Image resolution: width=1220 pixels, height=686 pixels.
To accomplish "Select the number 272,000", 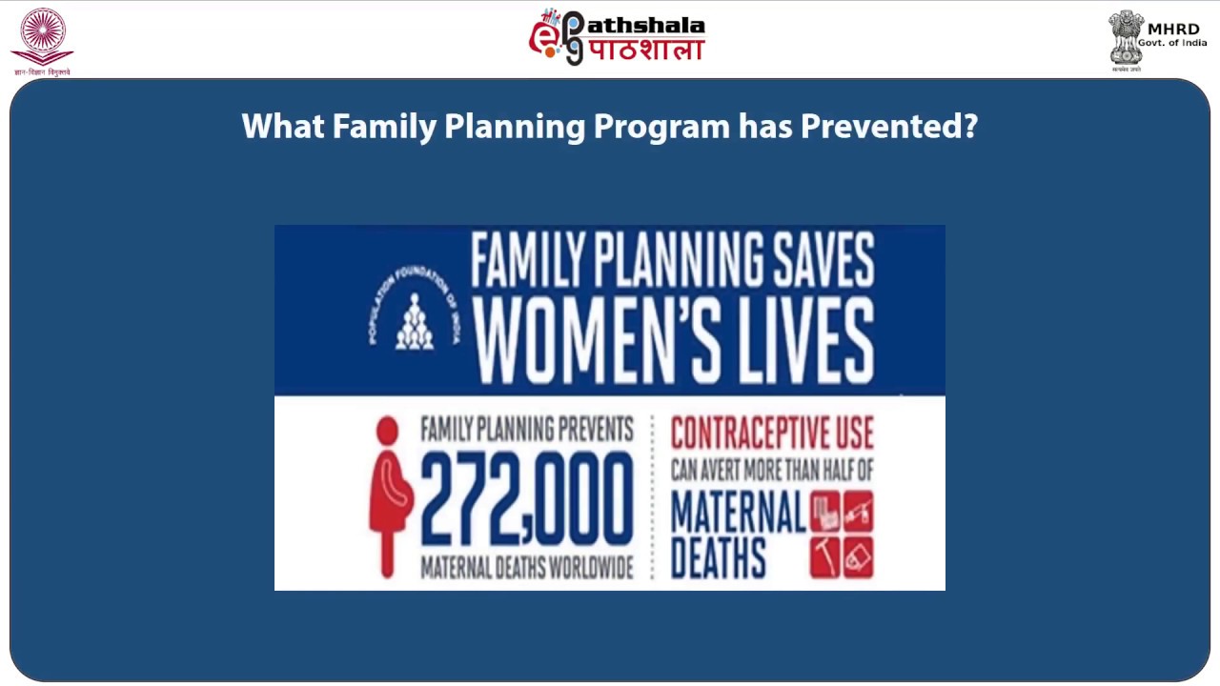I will (x=526, y=500).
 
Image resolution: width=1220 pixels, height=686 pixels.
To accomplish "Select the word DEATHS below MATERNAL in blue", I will (x=719, y=557).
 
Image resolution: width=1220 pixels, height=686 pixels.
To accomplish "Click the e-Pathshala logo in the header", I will (x=617, y=37).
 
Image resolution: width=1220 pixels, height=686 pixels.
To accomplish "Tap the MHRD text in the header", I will (x=1173, y=30).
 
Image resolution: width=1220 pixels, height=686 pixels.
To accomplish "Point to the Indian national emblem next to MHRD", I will (x=1126, y=39).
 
